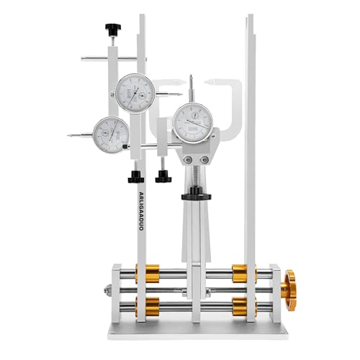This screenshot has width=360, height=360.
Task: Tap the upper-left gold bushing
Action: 150,274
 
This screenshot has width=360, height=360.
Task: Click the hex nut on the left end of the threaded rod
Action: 107,290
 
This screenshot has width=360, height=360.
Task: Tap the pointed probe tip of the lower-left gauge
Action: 69,134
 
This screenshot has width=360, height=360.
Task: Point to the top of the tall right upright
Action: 249,18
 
